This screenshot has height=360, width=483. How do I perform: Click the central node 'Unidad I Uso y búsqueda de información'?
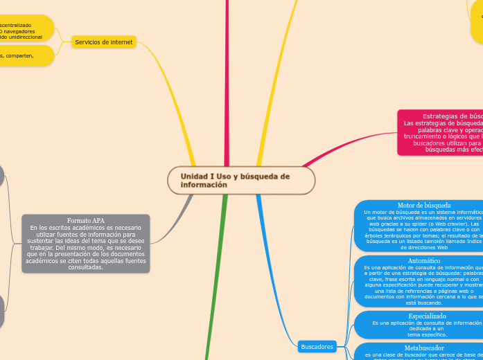click(x=240, y=181)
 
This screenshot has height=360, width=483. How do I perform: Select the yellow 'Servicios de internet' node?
click(x=104, y=42)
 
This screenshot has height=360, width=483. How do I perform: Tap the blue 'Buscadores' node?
click(x=317, y=346)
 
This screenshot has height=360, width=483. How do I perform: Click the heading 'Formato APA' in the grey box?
click(x=86, y=220)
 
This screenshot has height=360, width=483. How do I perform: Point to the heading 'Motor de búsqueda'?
click(x=424, y=205)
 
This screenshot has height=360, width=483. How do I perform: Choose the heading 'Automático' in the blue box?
click(x=424, y=260)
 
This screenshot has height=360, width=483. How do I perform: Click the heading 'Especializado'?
click(x=427, y=316)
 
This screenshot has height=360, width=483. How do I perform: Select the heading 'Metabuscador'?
click(x=424, y=348)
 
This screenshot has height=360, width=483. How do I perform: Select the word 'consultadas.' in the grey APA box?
click(x=86, y=267)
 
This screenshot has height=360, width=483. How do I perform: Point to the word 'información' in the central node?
click(x=204, y=185)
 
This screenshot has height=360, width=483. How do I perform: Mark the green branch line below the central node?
click(x=216, y=277)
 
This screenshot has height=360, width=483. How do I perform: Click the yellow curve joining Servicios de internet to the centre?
click(x=166, y=90)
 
